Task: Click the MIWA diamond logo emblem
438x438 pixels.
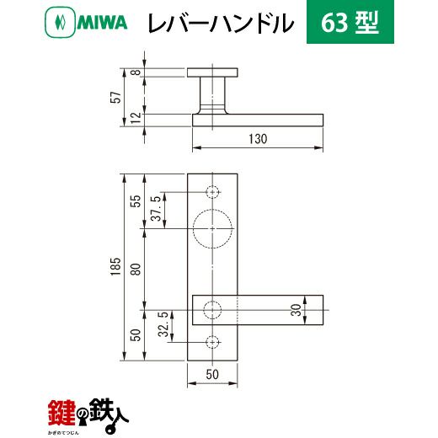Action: (60, 22)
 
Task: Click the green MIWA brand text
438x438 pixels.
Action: (102, 23)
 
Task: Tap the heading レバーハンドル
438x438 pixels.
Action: (221, 23)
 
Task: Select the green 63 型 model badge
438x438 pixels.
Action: (350, 22)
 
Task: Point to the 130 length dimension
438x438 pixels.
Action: (258, 139)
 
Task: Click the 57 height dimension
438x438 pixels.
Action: (116, 97)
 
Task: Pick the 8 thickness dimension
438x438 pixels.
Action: (136, 72)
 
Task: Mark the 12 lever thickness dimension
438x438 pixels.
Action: (136, 118)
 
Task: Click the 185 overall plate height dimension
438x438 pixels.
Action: (115, 266)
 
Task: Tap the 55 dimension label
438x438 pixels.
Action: (136, 201)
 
